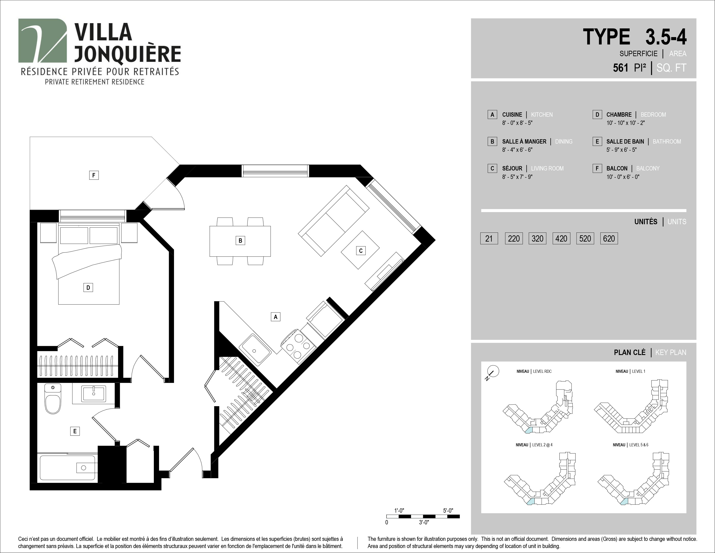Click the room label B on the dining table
pyautogui.click(x=240, y=241)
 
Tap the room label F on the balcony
pyautogui.click(x=94, y=175)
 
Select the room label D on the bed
pyautogui.click(x=88, y=288)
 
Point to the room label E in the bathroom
pyautogui.click(x=75, y=431)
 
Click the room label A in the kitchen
pyautogui.click(x=276, y=317)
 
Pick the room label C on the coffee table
pyautogui.click(x=361, y=251)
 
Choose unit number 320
pyautogui.click(x=538, y=239)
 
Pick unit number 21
pyautogui.click(x=489, y=239)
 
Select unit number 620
pyautogui.click(x=609, y=239)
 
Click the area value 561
pyautogui.click(x=621, y=68)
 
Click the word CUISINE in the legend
pyautogui.click(x=512, y=115)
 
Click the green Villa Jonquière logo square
pyautogui.click(x=42, y=41)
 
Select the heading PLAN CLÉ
pyautogui.click(x=630, y=352)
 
